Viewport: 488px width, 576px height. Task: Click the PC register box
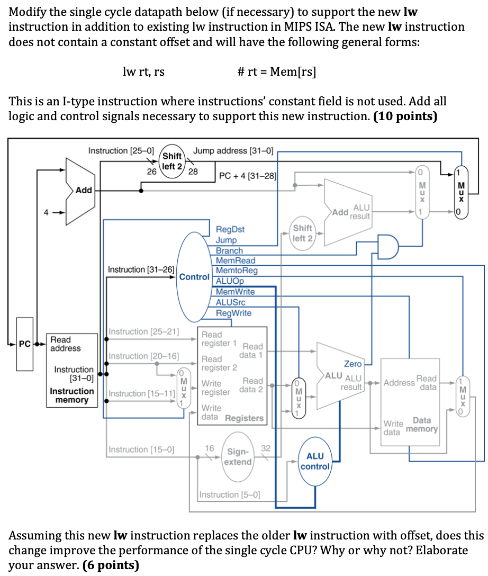tap(24, 344)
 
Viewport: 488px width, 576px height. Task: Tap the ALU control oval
tap(315, 461)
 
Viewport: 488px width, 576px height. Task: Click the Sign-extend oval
tap(238, 457)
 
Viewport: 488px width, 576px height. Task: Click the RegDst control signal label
tap(230, 230)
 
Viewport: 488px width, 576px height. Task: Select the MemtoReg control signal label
tap(237, 271)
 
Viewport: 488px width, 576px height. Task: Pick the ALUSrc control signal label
tap(231, 302)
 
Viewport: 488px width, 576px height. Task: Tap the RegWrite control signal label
tap(233, 313)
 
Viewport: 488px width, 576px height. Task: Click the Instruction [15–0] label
tap(142, 449)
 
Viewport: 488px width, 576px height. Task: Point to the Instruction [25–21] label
tap(143, 331)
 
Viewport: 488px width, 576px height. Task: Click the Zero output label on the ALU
tap(353, 364)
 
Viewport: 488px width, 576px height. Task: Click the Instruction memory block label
tap(72, 395)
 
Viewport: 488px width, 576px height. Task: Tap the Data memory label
tap(421, 425)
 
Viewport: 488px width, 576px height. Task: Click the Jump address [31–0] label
tap(233, 151)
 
